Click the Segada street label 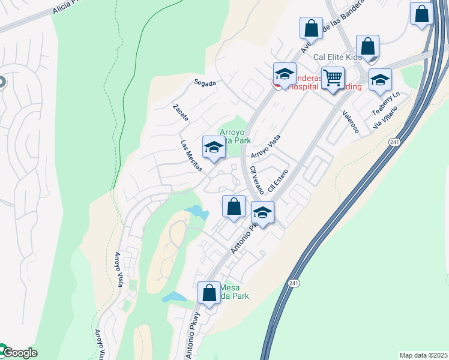click(205, 83)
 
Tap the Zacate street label click(180, 112)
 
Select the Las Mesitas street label click(191, 156)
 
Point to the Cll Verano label click(256, 180)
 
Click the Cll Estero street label click(279, 180)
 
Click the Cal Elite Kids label click(337, 57)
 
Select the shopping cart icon click(333, 78)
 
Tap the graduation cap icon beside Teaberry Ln click(380, 80)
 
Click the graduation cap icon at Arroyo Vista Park click(214, 147)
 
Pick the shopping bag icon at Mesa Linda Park click(209, 293)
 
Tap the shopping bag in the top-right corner click(422, 14)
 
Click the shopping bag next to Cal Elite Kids click(367, 46)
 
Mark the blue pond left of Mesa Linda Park click(173, 297)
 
